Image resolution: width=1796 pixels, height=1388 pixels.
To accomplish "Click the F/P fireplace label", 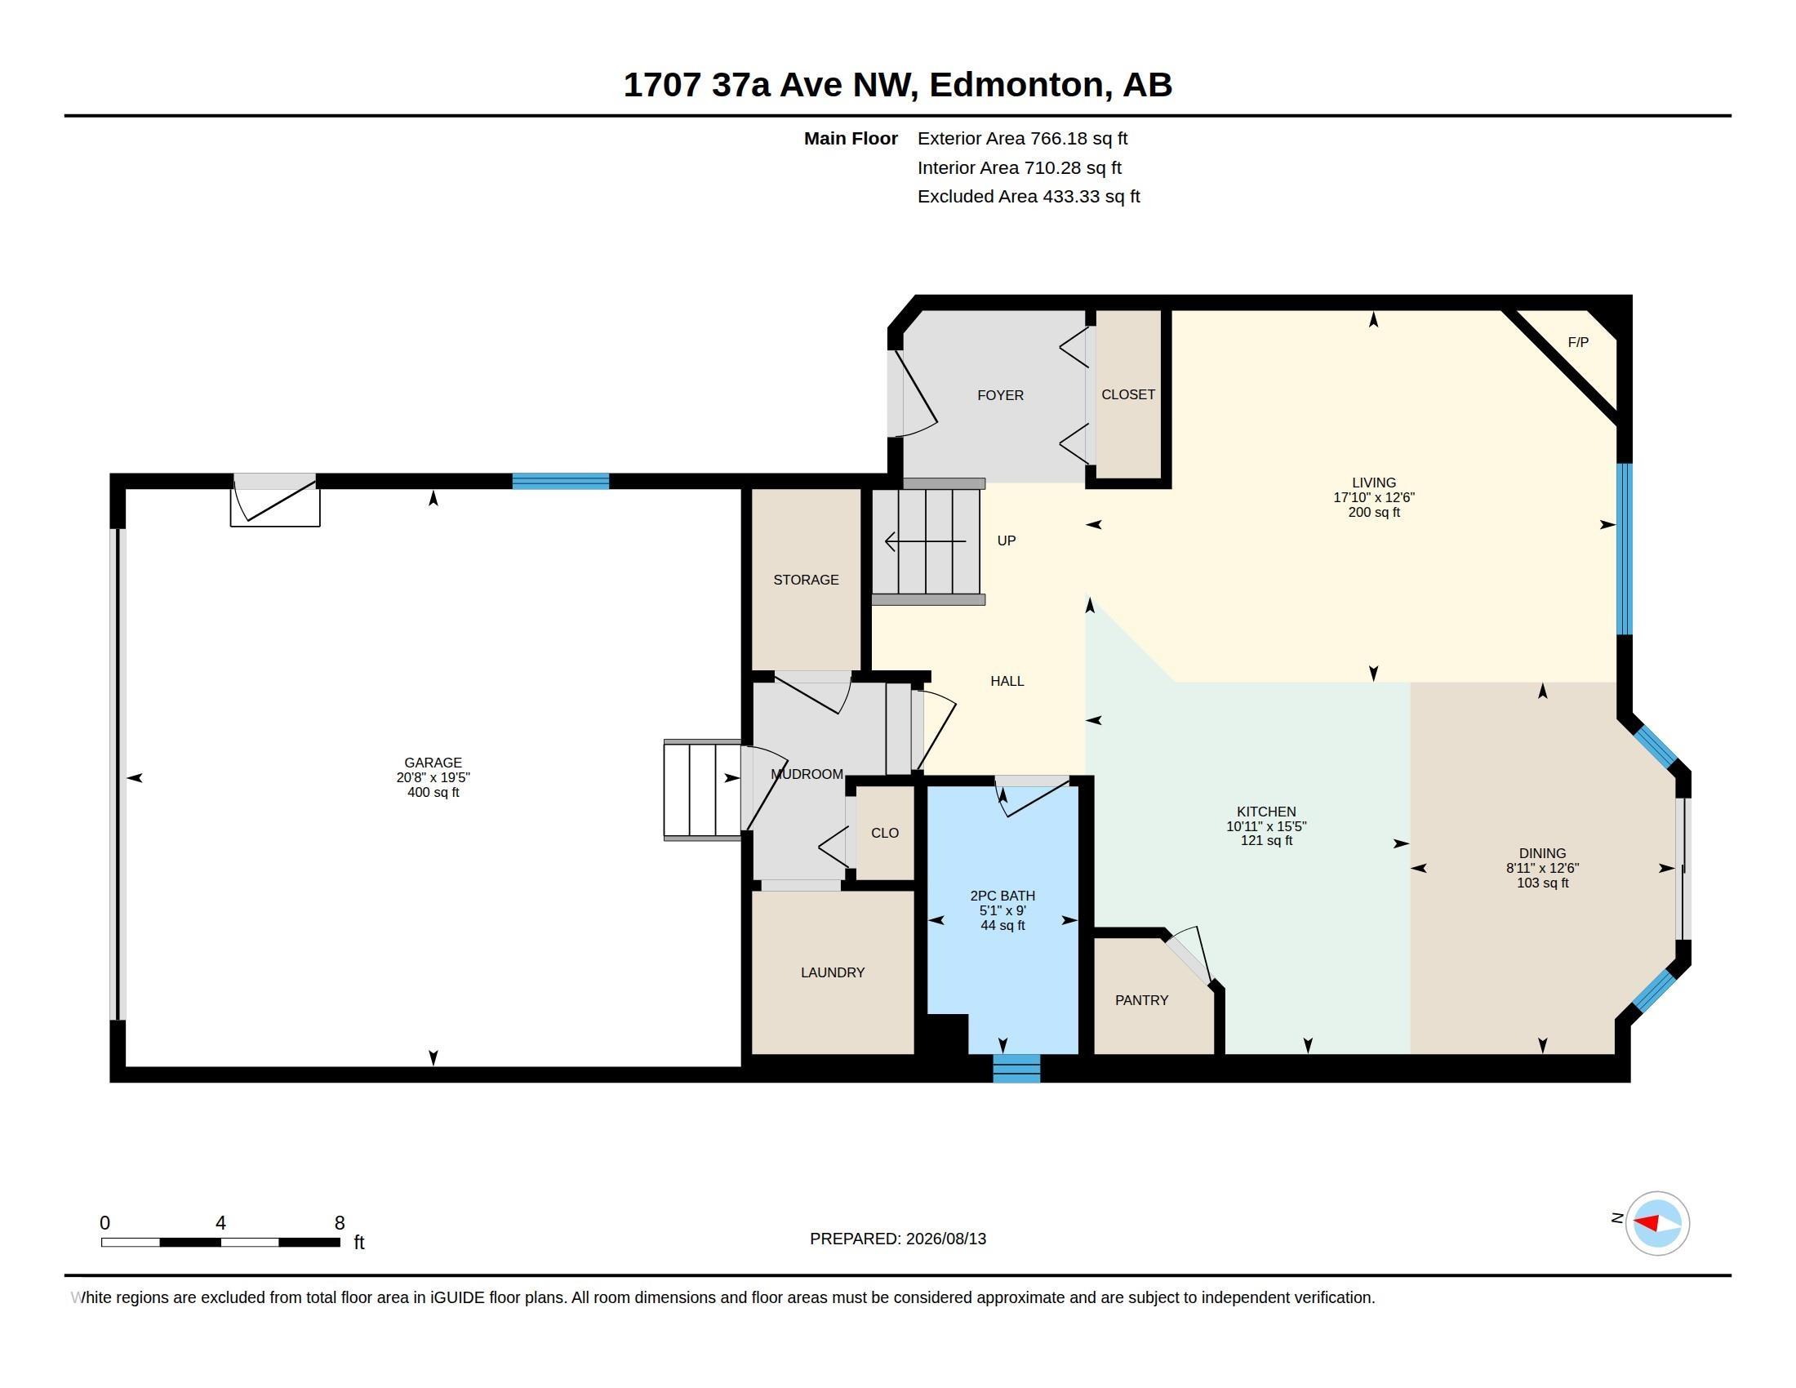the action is tap(1577, 342).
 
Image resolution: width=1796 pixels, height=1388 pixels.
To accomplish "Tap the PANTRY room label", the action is tap(1141, 1000).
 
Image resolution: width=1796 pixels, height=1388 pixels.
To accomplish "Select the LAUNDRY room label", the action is tap(832, 972).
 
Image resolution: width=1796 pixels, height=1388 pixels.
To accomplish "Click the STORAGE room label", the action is tap(806, 580).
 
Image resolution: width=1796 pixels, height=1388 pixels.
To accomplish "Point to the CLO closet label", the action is tap(885, 833).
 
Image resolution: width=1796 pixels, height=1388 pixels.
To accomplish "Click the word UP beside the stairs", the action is tap(1007, 541).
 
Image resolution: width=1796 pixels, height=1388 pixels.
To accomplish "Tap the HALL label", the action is tap(1007, 681).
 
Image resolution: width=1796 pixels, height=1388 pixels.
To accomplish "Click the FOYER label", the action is tap(1000, 395).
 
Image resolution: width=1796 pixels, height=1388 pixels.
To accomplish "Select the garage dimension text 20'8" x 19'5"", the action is tap(433, 777).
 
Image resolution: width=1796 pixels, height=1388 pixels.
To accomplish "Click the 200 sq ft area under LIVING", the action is tap(1374, 512).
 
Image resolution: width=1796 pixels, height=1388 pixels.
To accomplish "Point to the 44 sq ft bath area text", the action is tap(1002, 925).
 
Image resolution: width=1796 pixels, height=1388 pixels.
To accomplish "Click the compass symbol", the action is tap(1657, 1223).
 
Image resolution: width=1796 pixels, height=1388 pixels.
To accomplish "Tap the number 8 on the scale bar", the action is tap(340, 1223).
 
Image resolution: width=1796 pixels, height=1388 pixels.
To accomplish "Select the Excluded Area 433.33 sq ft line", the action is tap(1029, 197).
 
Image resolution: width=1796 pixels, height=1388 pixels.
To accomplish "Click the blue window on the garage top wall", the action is tap(561, 481).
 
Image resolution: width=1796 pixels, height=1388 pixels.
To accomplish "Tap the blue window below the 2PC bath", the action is tap(1016, 1068).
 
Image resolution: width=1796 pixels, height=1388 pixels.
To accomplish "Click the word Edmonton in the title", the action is tap(1016, 85).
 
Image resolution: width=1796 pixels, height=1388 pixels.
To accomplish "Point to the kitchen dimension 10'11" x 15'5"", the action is tap(1266, 826).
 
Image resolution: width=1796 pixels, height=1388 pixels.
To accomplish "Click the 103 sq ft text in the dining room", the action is tap(1543, 883).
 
